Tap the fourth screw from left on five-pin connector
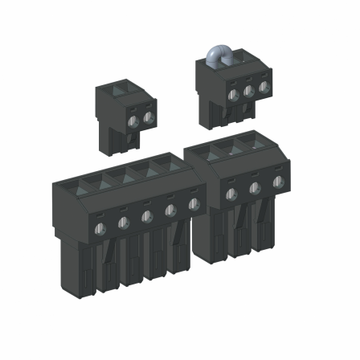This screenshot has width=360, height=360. click(x=170, y=211)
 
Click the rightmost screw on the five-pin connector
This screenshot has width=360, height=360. click(x=193, y=206)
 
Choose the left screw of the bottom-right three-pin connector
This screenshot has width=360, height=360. click(x=231, y=194)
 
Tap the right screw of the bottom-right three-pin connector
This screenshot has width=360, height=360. click(x=278, y=182)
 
